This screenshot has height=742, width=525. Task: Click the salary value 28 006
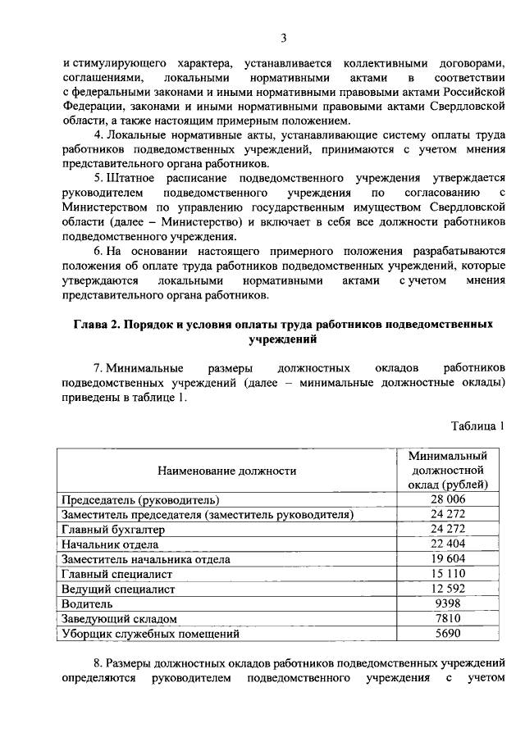pos(448,499)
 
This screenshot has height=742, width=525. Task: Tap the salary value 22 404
pos(448,544)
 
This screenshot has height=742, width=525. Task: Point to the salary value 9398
pos(448,603)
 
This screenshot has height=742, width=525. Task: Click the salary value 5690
pos(448,633)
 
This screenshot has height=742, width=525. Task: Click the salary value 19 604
pos(448,558)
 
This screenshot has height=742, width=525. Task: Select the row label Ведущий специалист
pos(118,589)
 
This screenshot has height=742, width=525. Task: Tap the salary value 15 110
pos(448,573)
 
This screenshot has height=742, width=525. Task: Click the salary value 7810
pos(448,618)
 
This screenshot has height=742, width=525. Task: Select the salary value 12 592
pos(448,589)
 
